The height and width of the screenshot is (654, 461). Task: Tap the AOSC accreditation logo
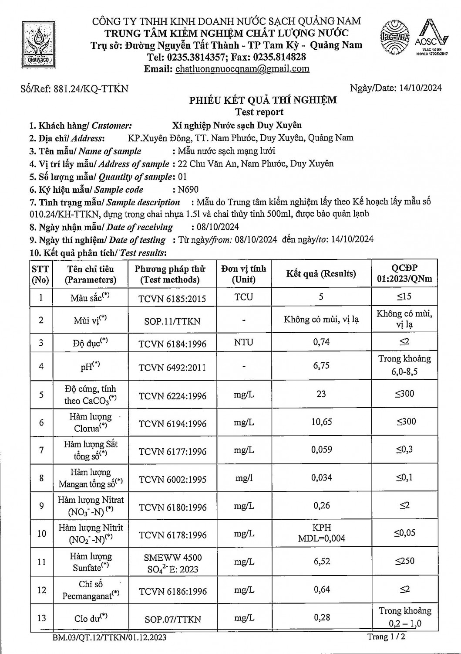tap(431, 37)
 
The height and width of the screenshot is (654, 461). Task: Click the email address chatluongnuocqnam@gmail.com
tap(242, 69)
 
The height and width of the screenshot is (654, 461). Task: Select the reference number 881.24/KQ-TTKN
tap(91, 89)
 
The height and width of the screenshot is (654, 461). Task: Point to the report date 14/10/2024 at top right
tap(420, 88)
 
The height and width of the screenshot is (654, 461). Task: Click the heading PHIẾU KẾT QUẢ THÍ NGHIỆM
tap(262, 100)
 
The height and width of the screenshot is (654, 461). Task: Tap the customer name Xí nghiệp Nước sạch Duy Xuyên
tap(237, 126)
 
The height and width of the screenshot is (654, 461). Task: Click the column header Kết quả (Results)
tap(321, 274)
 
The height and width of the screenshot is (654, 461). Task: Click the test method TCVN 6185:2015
tap(172, 299)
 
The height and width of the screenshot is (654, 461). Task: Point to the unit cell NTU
tap(243, 342)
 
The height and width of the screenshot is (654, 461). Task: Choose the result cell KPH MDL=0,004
tap(321, 533)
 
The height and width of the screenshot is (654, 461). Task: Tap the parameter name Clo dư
tap(91, 617)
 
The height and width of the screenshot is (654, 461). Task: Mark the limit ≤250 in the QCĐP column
tap(404, 561)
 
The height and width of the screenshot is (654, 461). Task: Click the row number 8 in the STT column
tap(41, 478)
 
